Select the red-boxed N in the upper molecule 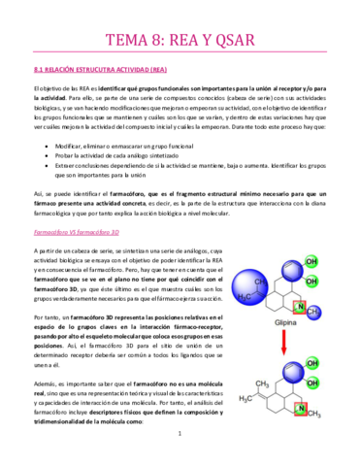pyautogui.click(x=301, y=309)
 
